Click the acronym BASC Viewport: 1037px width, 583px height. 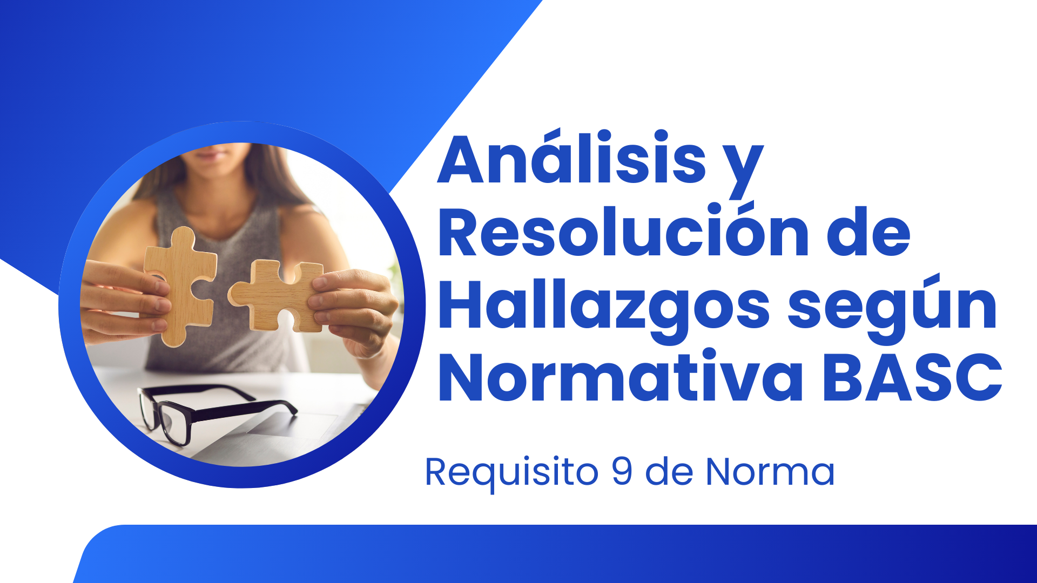coord(913,376)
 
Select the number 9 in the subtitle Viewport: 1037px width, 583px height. coord(622,471)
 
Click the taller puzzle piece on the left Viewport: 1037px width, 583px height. coord(180,286)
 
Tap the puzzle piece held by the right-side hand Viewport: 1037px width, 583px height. coord(276,295)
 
